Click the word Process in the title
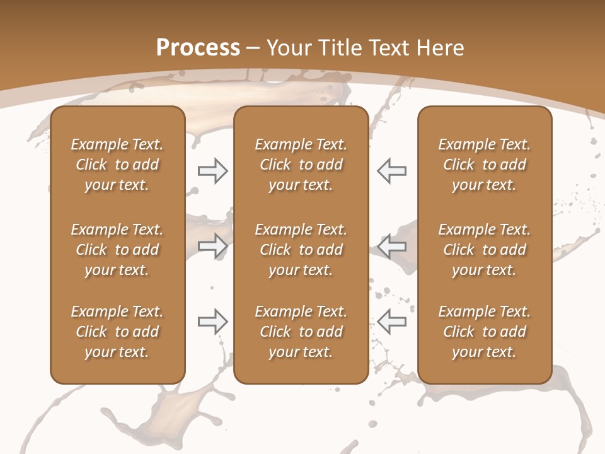[x=198, y=48]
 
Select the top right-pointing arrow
[x=213, y=171]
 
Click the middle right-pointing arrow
[x=213, y=246]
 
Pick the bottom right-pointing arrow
[x=213, y=322]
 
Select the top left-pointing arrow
[x=392, y=171]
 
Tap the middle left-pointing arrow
[x=392, y=246]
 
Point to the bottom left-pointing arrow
[x=392, y=322]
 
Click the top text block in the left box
[x=117, y=165]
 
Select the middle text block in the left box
[x=117, y=250]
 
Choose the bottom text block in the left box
[x=117, y=332]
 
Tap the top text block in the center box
[x=301, y=165]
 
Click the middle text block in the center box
[x=301, y=250]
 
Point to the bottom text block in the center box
[x=301, y=332]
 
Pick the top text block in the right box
[x=485, y=165]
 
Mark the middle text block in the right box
[x=485, y=250]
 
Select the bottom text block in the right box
[x=485, y=332]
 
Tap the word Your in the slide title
[x=288, y=48]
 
